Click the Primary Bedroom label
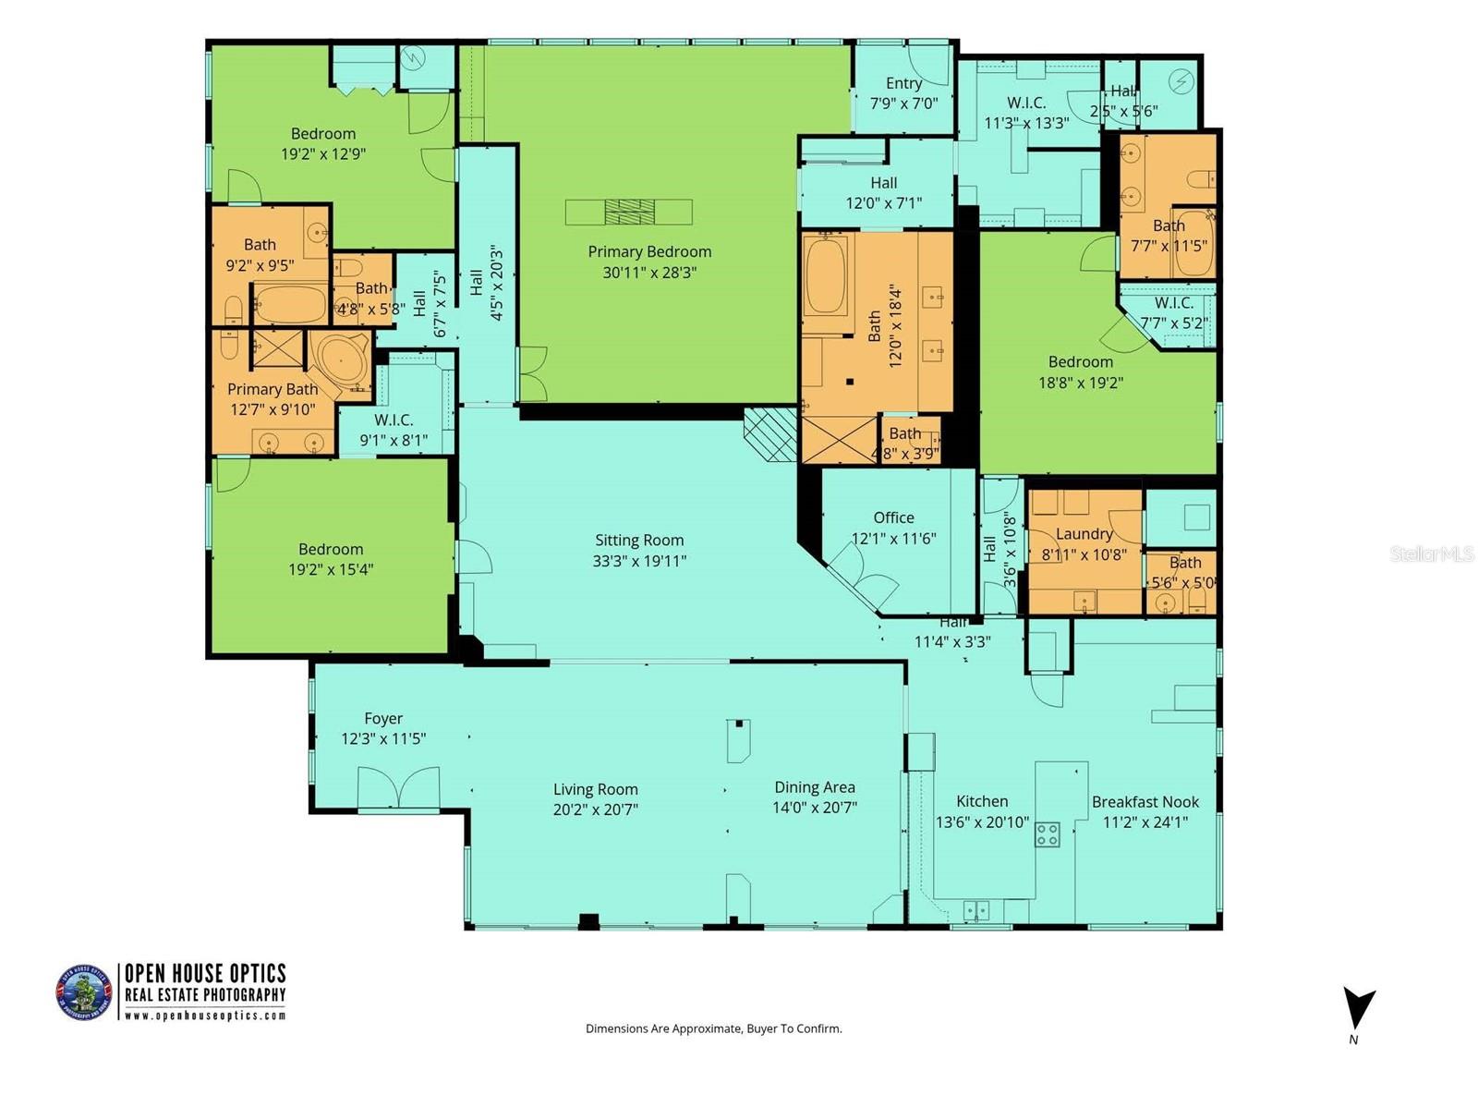[649, 251]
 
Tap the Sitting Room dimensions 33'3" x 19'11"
[639, 561]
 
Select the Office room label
[893, 518]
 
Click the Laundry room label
[1084, 534]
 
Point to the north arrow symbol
[1358, 1009]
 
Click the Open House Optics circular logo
[84, 992]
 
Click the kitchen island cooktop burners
[1047, 834]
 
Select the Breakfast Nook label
[1145, 802]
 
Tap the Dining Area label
[814, 787]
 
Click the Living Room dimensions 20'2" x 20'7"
[596, 809]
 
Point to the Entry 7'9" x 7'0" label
[903, 92]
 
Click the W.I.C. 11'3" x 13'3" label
[1026, 113]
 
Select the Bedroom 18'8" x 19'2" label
[1080, 371]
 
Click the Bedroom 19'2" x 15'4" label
[330, 559]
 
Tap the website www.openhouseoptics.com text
[204, 1015]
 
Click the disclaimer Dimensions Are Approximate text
[713, 1028]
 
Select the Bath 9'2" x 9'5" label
[260, 255]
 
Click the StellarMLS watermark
[1432, 554]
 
